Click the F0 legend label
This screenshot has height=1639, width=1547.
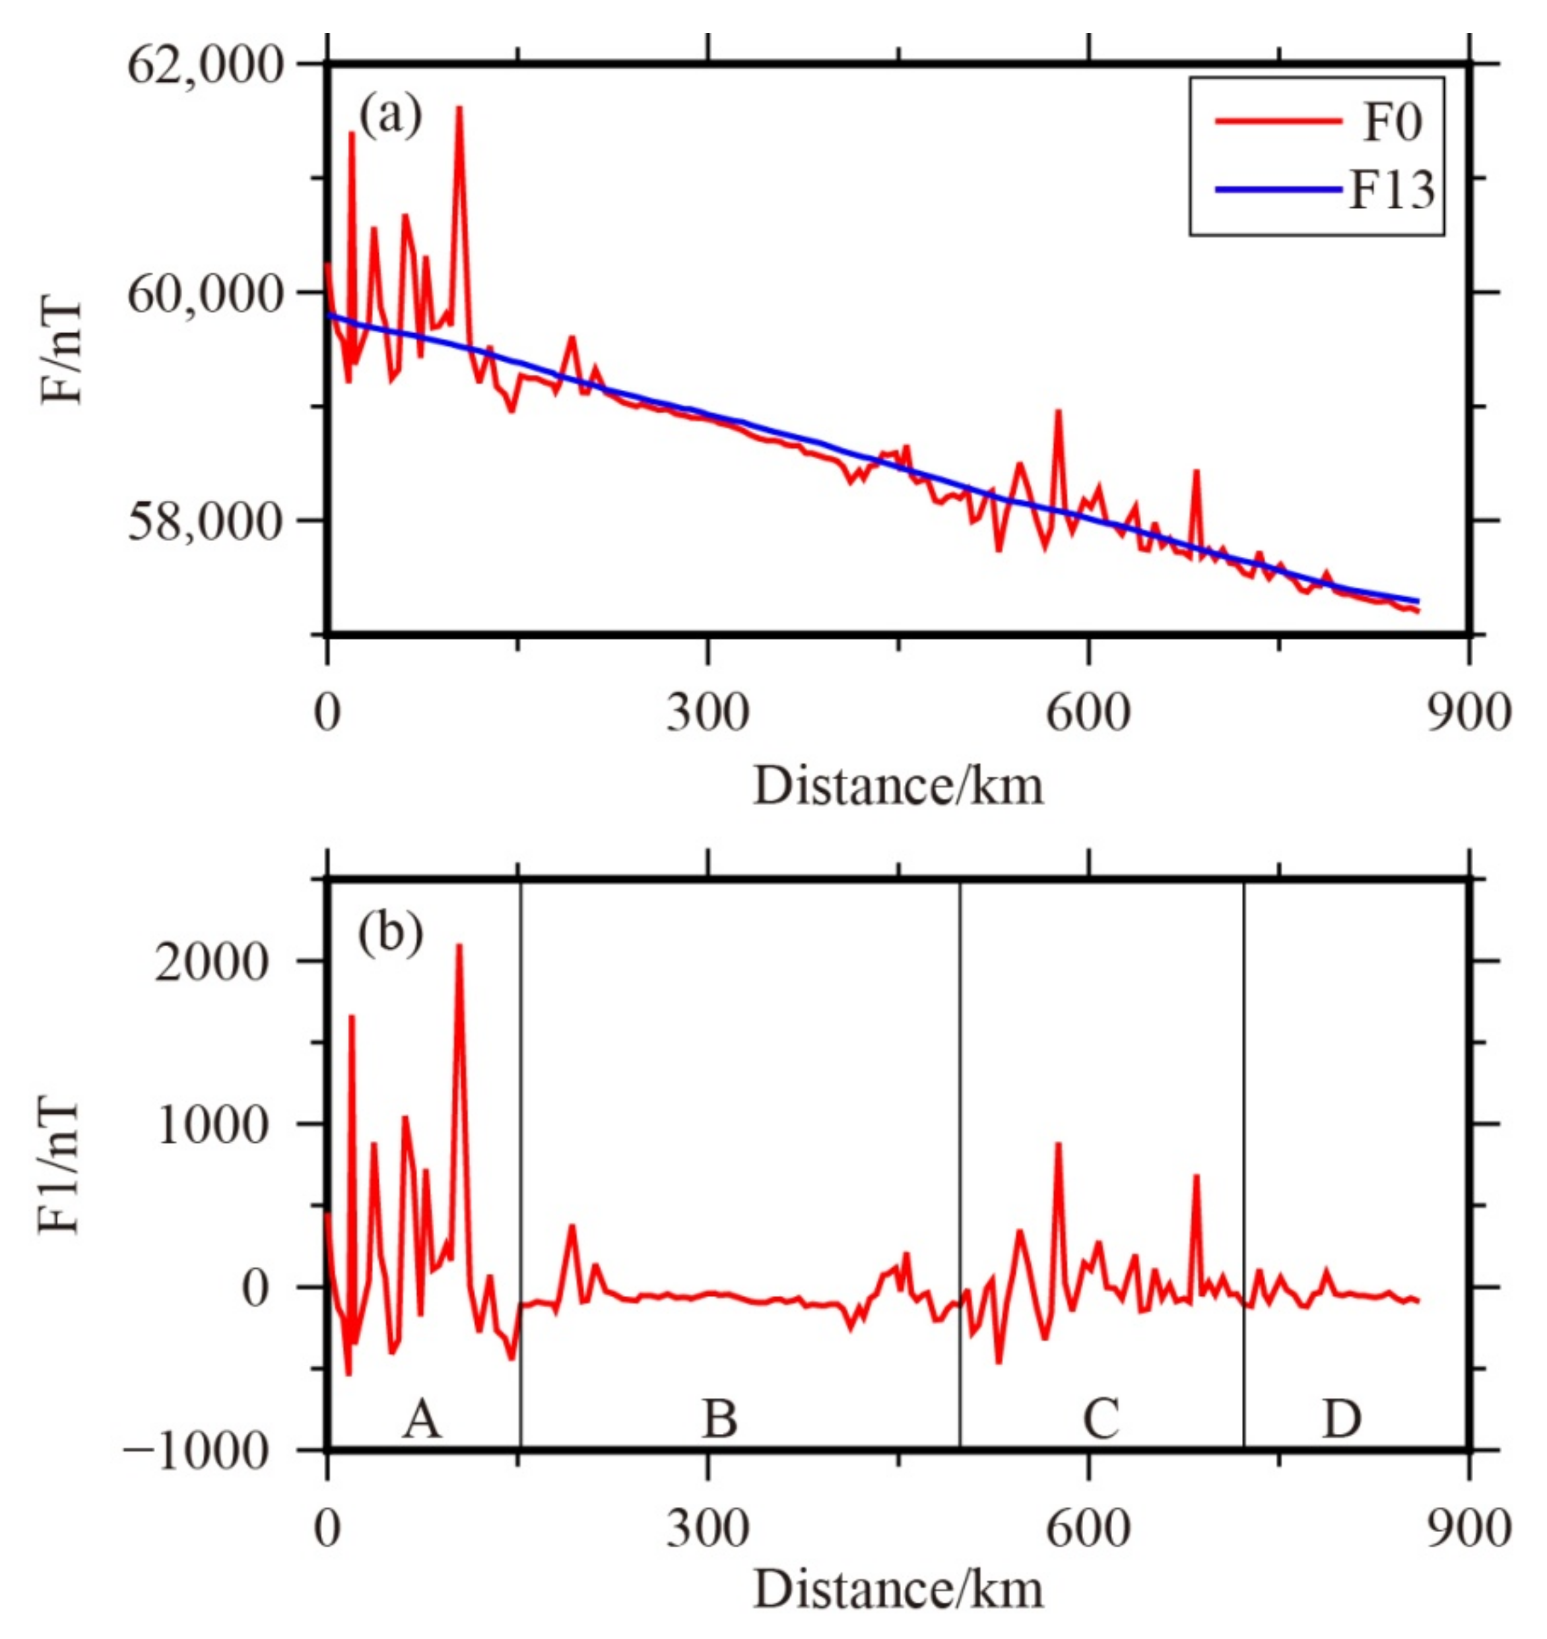tap(1392, 123)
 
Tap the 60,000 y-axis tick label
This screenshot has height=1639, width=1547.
tap(205, 294)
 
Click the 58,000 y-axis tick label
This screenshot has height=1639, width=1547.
tap(205, 522)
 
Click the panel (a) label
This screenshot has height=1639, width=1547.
tap(389, 116)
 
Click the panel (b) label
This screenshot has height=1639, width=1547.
tap(389, 932)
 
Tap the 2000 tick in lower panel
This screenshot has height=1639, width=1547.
tap(212, 961)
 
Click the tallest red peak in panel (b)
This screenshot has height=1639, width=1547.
tap(459, 946)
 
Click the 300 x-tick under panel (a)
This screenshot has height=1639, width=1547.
tap(708, 713)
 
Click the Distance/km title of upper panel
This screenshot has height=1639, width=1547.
tap(898, 786)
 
